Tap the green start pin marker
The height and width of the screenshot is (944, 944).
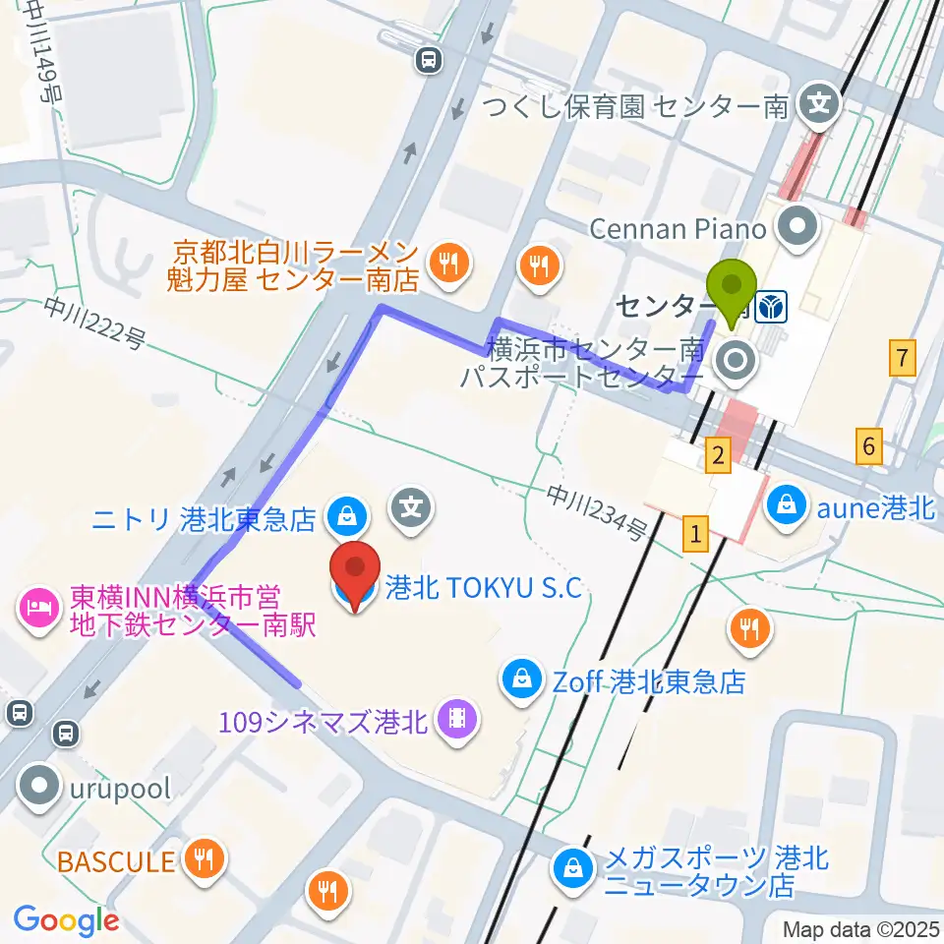coord(733,287)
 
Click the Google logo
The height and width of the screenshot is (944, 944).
coord(66,919)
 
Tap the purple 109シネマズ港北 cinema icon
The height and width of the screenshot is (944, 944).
coord(456,722)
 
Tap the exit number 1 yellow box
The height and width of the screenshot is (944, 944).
coord(696,535)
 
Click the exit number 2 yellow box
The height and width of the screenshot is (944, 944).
coord(719,454)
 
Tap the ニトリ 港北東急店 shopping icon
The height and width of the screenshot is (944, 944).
coord(347,512)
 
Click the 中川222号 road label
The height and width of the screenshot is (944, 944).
coord(95,324)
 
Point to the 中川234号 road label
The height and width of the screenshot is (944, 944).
coord(597,514)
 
